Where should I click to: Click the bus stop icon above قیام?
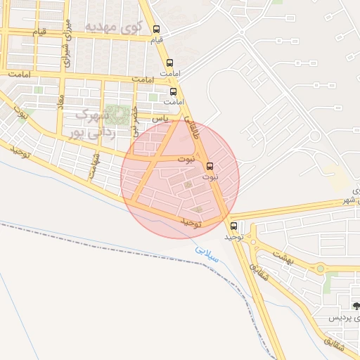pos(156,30)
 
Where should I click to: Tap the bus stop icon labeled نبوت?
pos(210,167)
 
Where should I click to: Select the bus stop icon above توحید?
pos(234,226)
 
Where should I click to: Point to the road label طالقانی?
pos(192,130)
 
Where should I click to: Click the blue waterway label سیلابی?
pos(208,254)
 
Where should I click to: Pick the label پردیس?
pos(344,318)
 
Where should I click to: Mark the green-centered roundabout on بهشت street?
pos(321,268)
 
